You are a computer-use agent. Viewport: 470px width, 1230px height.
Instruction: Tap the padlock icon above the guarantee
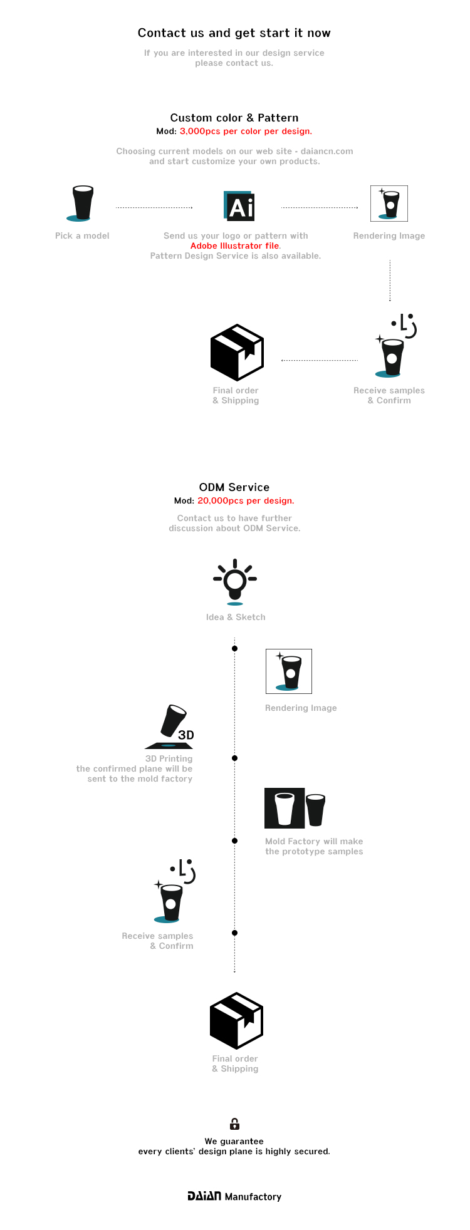(234, 1124)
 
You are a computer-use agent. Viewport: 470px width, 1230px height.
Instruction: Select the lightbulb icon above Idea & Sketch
(235, 581)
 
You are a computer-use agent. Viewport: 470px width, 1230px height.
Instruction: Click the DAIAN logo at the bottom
(204, 1196)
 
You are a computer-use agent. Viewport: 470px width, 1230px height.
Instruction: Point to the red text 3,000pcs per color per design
(246, 131)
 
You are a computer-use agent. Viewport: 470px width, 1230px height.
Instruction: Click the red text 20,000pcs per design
(246, 500)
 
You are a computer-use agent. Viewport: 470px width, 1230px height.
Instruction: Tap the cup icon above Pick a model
(81, 203)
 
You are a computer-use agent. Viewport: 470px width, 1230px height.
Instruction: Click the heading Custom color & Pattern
(234, 118)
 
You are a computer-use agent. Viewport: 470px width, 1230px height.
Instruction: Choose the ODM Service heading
(234, 487)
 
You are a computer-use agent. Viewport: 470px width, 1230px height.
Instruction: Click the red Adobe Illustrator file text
(235, 245)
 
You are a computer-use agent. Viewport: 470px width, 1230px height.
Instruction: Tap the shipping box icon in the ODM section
(236, 1020)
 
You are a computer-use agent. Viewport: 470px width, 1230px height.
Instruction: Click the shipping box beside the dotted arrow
(237, 352)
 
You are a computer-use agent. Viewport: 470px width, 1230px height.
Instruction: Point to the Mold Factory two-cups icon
(295, 809)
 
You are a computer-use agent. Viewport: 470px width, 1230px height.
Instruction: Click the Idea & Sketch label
(236, 617)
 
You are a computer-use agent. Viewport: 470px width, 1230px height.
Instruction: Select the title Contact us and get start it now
(234, 33)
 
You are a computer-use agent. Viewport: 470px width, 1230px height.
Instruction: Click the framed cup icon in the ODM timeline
(289, 671)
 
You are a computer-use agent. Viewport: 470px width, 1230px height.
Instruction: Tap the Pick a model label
(82, 235)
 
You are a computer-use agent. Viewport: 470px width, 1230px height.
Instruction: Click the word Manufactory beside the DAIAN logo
(253, 1196)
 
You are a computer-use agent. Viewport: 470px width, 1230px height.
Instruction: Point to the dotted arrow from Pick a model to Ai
(154, 207)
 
